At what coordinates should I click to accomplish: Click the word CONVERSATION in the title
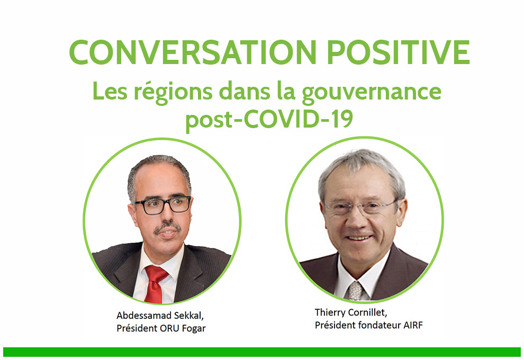193,52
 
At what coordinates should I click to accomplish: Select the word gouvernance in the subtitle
371,93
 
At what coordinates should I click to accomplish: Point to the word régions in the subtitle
173,93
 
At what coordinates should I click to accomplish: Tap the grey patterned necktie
355,290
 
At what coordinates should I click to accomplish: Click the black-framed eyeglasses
162,204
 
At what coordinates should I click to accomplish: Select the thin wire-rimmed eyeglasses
361,208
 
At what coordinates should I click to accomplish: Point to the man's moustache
167,228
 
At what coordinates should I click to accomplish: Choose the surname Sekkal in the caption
192,315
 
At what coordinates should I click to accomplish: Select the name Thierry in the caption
330,312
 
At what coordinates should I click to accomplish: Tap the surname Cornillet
368,312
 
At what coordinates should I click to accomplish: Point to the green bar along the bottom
262,352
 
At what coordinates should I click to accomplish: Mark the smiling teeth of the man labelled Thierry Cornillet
358,238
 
